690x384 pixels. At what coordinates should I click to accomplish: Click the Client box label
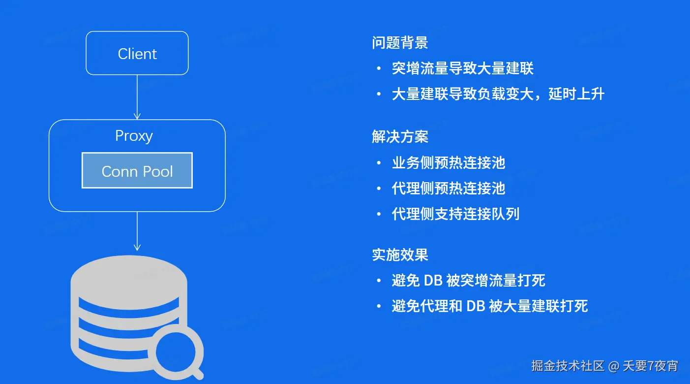click(137, 54)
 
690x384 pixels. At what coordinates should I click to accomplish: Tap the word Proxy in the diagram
click(134, 136)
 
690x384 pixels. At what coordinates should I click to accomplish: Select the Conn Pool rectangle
click(137, 170)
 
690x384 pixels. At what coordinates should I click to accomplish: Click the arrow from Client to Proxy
click(137, 97)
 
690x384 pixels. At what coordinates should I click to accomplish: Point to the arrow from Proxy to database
click(137, 231)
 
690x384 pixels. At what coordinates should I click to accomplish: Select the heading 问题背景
click(400, 42)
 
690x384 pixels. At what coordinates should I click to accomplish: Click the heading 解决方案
click(400, 137)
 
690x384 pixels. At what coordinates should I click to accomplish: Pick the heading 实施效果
click(400, 255)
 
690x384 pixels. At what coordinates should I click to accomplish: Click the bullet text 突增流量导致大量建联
click(463, 68)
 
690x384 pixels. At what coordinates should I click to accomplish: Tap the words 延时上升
click(576, 94)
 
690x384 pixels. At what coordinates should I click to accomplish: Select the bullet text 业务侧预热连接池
click(449, 162)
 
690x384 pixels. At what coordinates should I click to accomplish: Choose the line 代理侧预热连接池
click(449, 188)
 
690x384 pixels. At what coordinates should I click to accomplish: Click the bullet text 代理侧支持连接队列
click(455, 214)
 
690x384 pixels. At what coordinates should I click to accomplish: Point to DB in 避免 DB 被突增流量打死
click(433, 281)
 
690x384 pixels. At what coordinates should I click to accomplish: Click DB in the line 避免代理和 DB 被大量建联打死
click(476, 306)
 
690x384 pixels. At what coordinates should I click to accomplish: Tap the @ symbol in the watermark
click(614, 366)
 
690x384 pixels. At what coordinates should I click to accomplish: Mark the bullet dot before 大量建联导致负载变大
click(379, 94)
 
